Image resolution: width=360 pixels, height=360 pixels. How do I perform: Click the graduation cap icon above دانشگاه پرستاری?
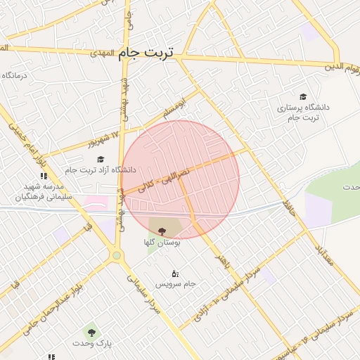click(x=303, y=96)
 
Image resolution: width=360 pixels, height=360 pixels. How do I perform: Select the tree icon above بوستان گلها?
click(x=162, y=231)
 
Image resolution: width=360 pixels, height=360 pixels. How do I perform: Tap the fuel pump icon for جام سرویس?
click(x=175, y=273)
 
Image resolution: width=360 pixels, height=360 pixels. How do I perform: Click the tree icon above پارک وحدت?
click(x=91, y=330)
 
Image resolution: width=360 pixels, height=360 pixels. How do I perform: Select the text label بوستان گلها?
click(x=162, y=243)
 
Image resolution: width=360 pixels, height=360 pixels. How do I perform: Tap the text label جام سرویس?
click(x=176, y=284)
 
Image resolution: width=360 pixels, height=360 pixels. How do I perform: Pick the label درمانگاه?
click(x=14, y=75)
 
